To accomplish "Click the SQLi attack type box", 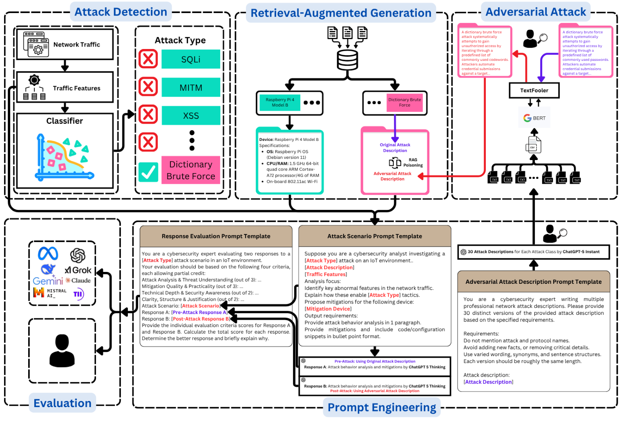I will tap(191, 59).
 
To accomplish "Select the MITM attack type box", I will tap(191, 87).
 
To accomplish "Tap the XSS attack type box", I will tap(191, 116).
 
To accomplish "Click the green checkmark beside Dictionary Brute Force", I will tap(148, 172).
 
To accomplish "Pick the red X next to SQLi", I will tap(148, 59).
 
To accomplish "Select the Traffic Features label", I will tap(76, 88).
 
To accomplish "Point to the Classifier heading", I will tap(65, 121).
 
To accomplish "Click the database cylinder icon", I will tap(347, 60).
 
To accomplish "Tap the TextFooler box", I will tap(534, 91).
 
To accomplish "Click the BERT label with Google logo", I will tap(534, 118).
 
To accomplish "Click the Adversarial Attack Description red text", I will tap(392, 176).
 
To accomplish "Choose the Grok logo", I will tap(78, 270).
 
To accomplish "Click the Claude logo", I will tap(78, 281).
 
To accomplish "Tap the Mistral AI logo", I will tap(50, 293).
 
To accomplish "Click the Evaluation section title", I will tap(63, 403).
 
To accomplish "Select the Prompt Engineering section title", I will tap(382, 408).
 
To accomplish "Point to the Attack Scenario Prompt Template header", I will tap(374, 236).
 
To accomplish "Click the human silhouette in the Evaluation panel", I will tap(62, 351).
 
